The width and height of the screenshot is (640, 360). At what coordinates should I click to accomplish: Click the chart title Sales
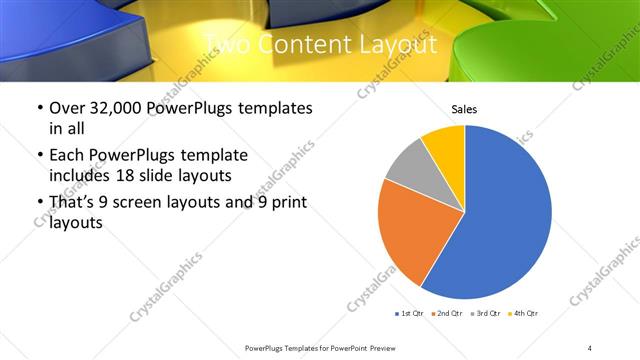[464, 108]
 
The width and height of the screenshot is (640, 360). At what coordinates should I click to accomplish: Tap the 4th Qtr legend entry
[526, 314]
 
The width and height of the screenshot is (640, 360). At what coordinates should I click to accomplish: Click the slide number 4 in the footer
[590, 347]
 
